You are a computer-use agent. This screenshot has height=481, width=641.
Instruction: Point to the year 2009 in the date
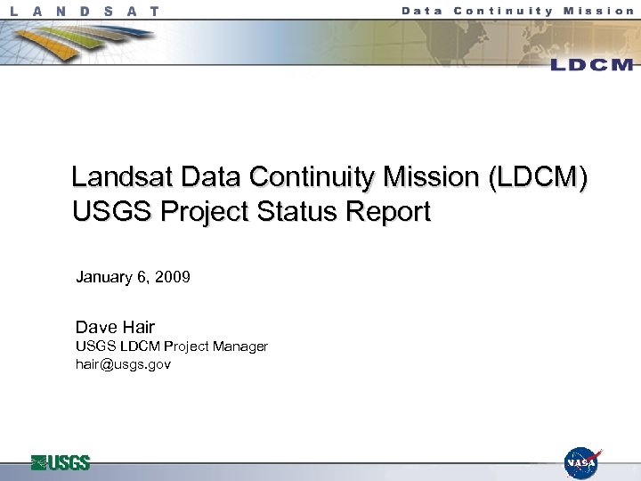coord(173,277)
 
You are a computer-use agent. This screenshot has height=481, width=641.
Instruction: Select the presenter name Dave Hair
coord(115,327)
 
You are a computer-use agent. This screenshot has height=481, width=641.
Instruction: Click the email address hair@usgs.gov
coord(123,363)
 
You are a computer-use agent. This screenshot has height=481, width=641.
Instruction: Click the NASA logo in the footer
coord(582,463)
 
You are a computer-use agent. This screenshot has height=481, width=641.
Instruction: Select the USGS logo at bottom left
coord(61,462)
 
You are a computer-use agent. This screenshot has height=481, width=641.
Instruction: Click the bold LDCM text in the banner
coord(591,64)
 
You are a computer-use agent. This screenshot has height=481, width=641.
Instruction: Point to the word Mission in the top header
coord(599,11)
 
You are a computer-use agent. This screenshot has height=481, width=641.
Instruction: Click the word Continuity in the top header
coord(504,11)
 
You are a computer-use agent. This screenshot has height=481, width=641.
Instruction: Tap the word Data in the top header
coord(423,11)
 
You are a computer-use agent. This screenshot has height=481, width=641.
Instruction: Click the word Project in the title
coord(189,212)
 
